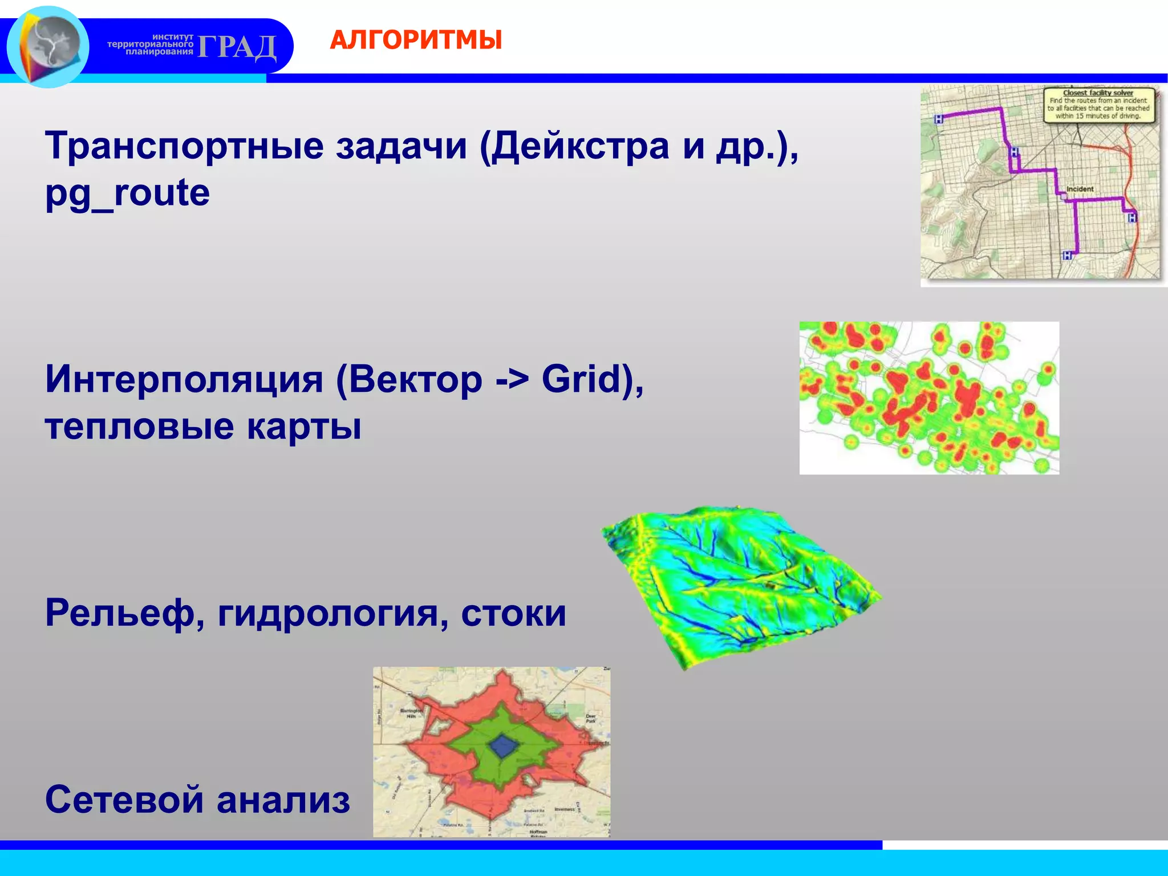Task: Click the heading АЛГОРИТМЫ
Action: click(416, 40)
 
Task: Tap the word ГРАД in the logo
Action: click(237, 47)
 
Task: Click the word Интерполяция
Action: click(184, 379)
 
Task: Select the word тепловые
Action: click(140, 427)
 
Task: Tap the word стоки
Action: click(513, 613)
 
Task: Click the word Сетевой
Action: click(124, 800)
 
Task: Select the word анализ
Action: click(283, 800)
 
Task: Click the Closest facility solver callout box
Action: click(1098, 104)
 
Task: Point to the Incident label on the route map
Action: click(1080, 189)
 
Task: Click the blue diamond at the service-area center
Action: click(502, 746)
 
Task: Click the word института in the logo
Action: click(173, 36)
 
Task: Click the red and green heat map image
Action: click(929, 398)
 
